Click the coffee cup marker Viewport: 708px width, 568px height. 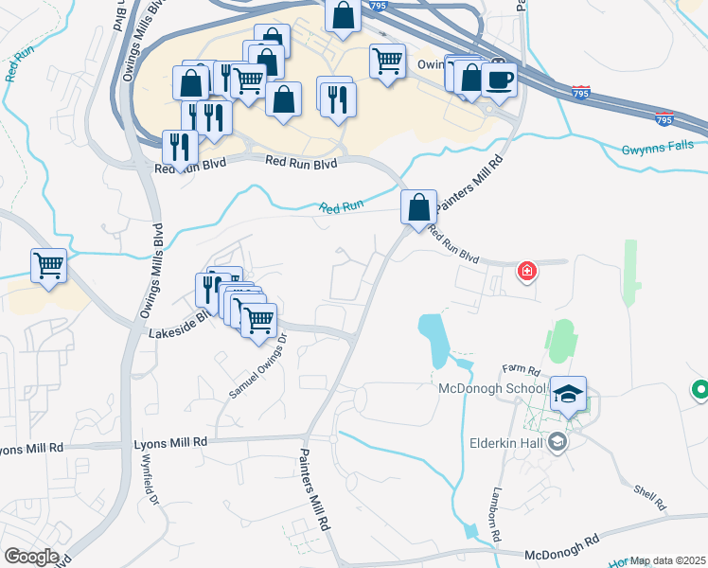coord(499,79)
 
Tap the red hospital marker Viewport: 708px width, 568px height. coord(526,273)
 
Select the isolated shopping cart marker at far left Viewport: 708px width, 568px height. coord(48,265)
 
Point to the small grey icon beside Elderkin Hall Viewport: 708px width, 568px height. coord(558,441)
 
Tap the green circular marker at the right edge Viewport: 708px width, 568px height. coord(700,389)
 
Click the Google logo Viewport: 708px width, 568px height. coord(30,557)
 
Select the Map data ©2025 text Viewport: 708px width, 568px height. coord(668,560)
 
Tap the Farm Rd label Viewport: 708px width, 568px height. coord(520,369)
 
